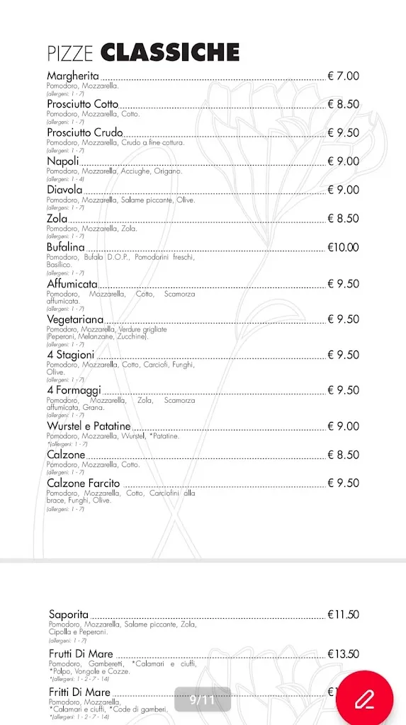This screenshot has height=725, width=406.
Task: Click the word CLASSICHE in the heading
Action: point(170,52)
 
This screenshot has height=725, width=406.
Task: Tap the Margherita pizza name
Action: point(73,76)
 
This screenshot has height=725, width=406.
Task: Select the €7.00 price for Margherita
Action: point(343,76)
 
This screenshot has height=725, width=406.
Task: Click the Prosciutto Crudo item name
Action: point(85,132)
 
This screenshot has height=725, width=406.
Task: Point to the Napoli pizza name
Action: point(63,161)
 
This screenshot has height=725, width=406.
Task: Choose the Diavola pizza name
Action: point(65,190)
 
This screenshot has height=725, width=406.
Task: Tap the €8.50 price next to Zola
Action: point(343,219)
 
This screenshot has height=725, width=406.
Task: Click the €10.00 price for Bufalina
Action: point(343,247)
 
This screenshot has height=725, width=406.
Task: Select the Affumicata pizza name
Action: point(72,284)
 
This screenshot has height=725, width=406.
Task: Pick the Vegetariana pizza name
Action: point(75,319)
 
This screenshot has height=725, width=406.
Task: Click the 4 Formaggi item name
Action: point(74,390)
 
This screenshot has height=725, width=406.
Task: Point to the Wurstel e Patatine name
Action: point(89,426)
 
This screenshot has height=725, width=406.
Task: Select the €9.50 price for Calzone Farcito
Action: point(343,483)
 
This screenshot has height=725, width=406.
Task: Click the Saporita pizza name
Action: point(69,615)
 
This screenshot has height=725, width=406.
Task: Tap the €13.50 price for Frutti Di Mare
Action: point(343,654)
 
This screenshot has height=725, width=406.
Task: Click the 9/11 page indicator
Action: point(202,700)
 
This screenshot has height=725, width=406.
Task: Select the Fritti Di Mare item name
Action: point(80,692)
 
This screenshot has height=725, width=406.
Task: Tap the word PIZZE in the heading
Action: point(72,53)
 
